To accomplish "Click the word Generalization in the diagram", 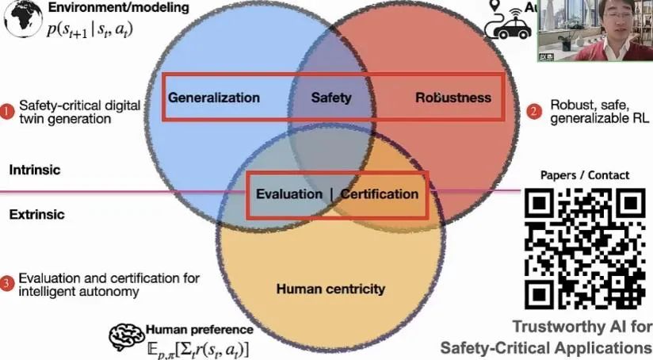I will coord(214,98).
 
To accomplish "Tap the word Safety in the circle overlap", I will coord(330,98).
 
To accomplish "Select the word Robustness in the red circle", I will coord(453,98).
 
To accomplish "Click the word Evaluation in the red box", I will coord(288,193).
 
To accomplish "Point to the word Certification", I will coord(379,193).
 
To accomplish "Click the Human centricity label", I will coord(330,289).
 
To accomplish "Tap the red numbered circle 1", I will coord(7,112).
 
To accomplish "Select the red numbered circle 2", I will coord(534,112).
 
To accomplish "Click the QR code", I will coord(586,248).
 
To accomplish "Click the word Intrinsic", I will coord(35,170).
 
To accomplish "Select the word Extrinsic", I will coord(36,214).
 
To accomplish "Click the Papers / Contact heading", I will coord(585,175).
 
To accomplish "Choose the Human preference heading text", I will coord(200,329).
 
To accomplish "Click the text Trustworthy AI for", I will coord(582,326).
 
